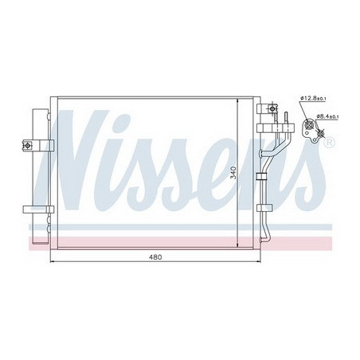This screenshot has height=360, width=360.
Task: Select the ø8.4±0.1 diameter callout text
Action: (328, 117)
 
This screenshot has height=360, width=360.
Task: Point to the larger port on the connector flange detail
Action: (311, 123)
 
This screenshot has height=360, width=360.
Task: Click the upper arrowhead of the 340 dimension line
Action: (239, 98)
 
